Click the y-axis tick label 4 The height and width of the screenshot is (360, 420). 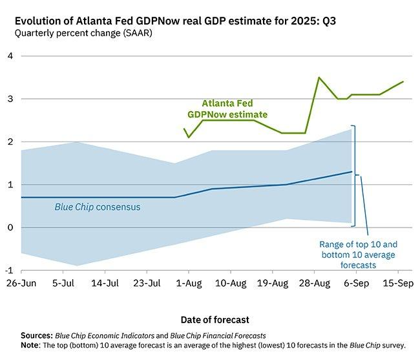10,56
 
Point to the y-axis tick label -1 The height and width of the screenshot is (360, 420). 8,270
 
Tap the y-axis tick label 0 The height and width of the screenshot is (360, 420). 10,228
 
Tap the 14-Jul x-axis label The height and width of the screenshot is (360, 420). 105,283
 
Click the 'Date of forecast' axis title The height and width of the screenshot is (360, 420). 211,319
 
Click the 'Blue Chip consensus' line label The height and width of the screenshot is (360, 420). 97,207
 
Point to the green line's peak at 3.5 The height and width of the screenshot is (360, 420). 319,78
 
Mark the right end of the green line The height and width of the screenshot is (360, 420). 403,81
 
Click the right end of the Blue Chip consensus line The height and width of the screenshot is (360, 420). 352,172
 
